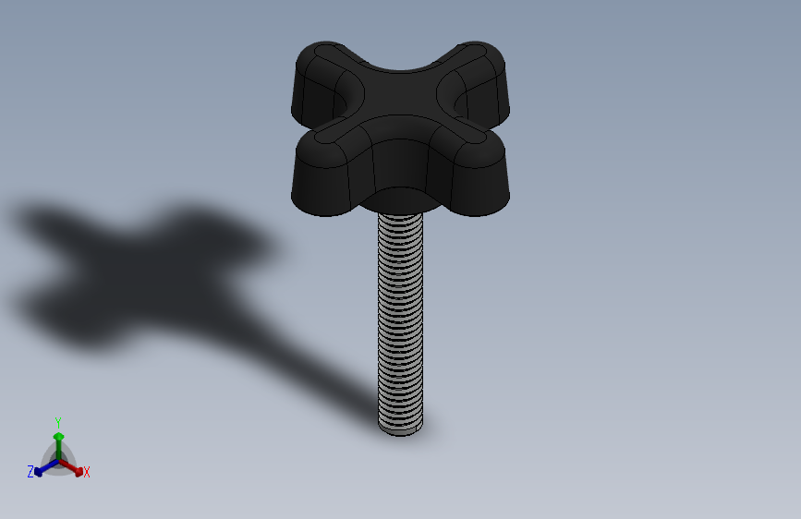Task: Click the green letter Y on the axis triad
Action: pos(58,423)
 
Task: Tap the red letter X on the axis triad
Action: pos(86,472)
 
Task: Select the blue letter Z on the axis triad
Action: pos(30,472)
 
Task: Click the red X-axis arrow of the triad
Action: pos(71,468)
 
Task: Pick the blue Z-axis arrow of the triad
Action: pos(46,468)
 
